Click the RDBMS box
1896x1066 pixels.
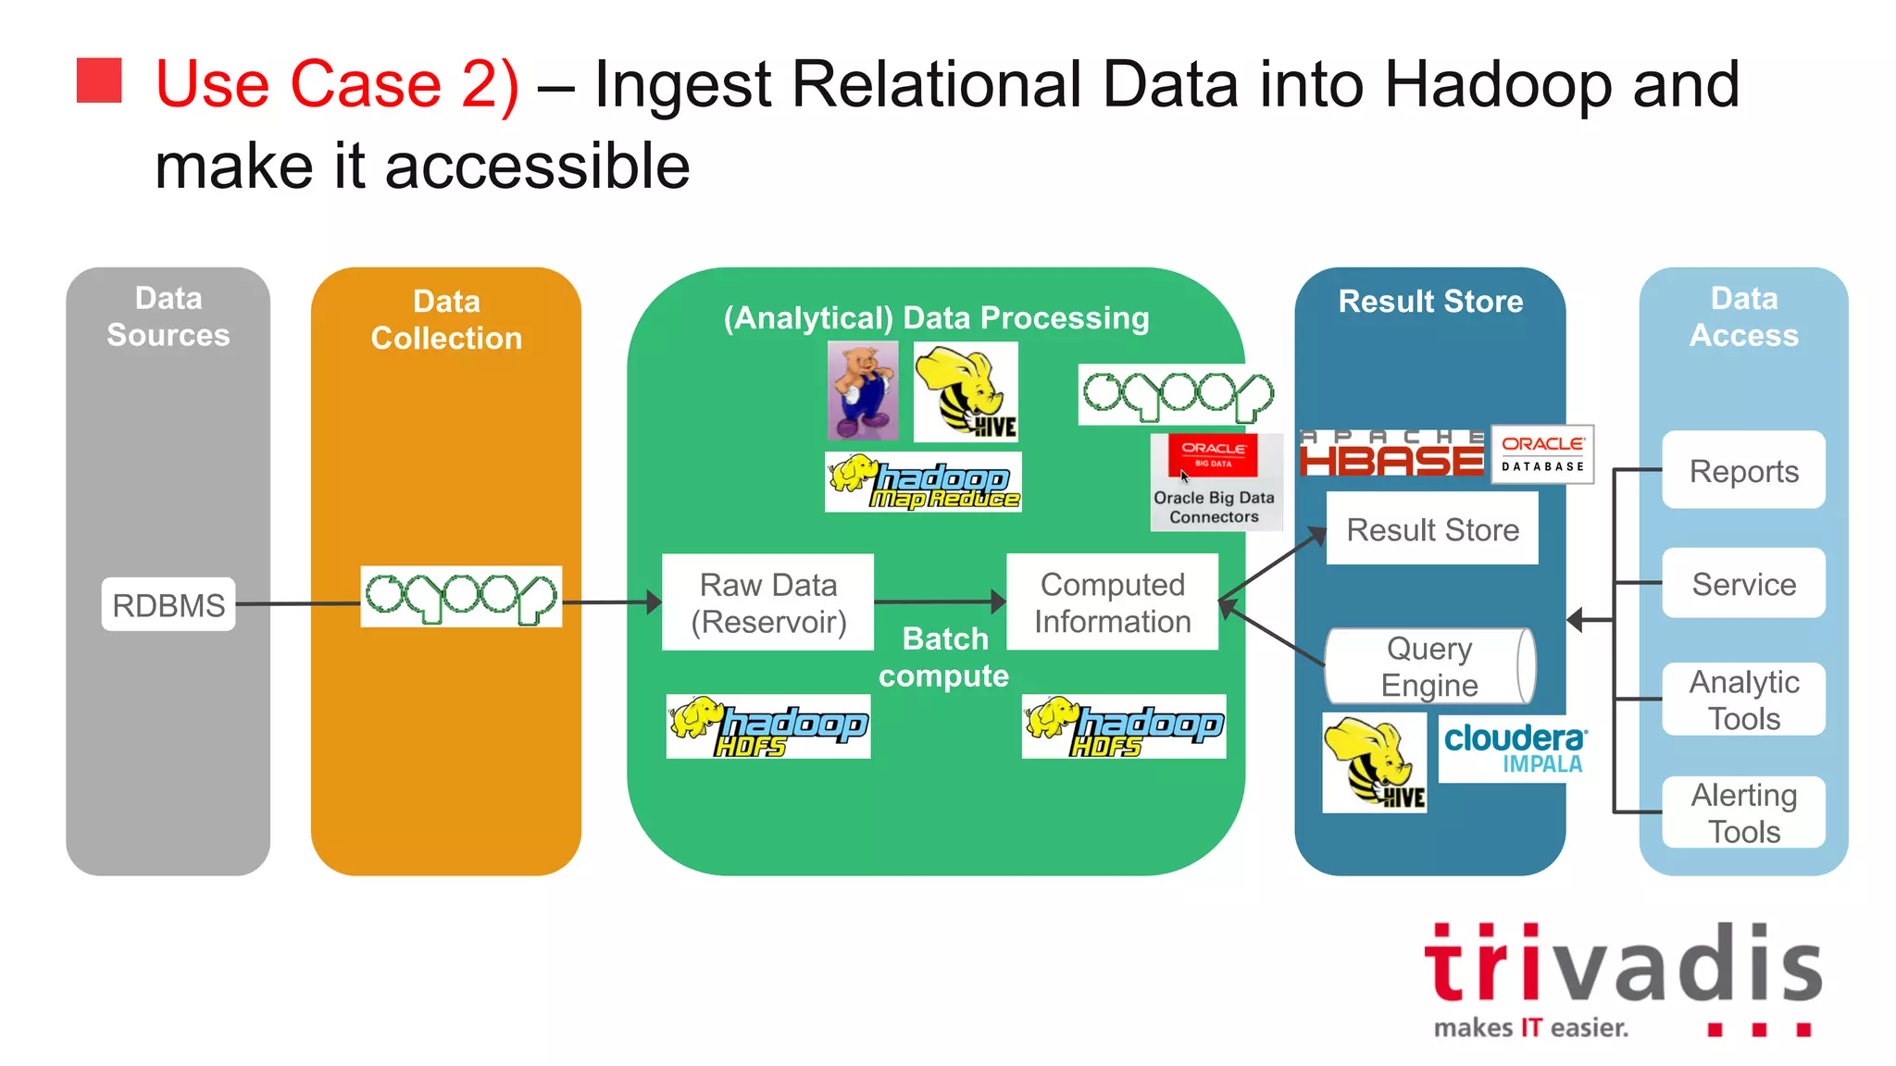click(x=168, y=604)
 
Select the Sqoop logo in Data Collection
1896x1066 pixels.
click(x=461, y=597)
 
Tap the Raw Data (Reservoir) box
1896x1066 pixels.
click(x=768, y=602)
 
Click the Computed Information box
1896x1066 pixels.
click(x=1112, y=602)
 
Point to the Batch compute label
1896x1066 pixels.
click(x=944, y=657)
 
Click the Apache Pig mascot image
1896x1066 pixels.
click(x=862, y=390)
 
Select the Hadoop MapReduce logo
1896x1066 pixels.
click(x=923, y=482)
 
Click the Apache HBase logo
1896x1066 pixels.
click(x=1391, y=453)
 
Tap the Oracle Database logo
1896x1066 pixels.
click(x=1542, y=453)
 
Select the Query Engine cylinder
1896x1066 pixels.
click(x=1429, y=666)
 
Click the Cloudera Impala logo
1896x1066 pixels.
click(x=1514, y=748)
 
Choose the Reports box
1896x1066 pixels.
click(x=1743, y=470)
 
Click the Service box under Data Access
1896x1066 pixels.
click(x=1743, y=583)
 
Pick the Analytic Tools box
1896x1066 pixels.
click(x=1743, y=700)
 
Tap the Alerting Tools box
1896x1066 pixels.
click(x=1743, y=812)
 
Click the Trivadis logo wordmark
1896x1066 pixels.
click(x=1622, y=966)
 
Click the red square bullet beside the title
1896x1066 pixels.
click(x=99, y=81)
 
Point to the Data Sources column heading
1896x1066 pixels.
click(x=168, y=316)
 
